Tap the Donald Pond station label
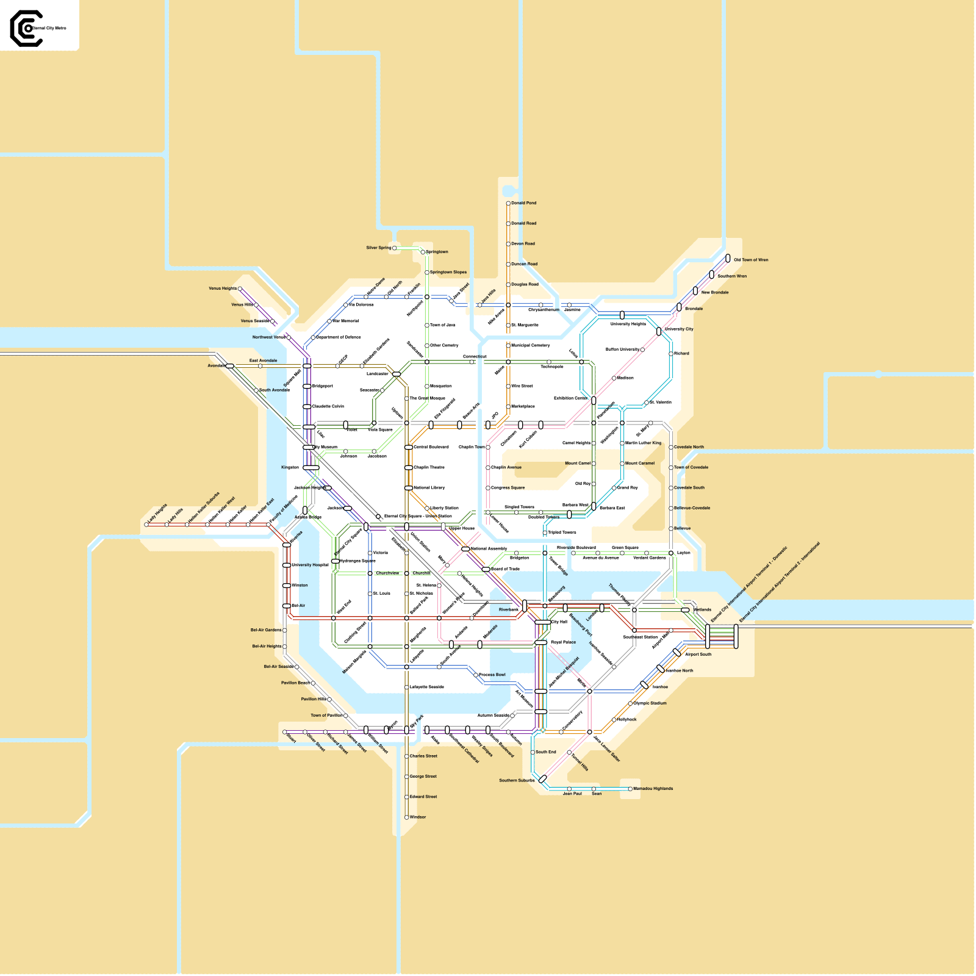(x=523, y=203)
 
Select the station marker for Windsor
(x=407, y=817)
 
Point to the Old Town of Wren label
(x=751, y=260)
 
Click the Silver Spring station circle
(x=395, y=248)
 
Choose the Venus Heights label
(x=223, y=289)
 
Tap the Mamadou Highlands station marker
(x=630, y=789)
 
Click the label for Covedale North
(x=689, y=447)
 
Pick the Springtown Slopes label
(x=448, y=273)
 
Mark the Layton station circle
(x=671, y=553)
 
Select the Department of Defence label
(x=339, y=337)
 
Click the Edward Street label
(x=423, y=797)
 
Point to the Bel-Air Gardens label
(x=266, y=630)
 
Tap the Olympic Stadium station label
(x=650, y=703)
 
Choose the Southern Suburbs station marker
(x=542, y=780)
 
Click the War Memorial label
(x=345, y=321)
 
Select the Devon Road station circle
(x=508, y=244)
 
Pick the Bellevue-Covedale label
(x=692, y=508)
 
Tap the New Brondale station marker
(x=695, y=291)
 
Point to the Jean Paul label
(x=572, y=794)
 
